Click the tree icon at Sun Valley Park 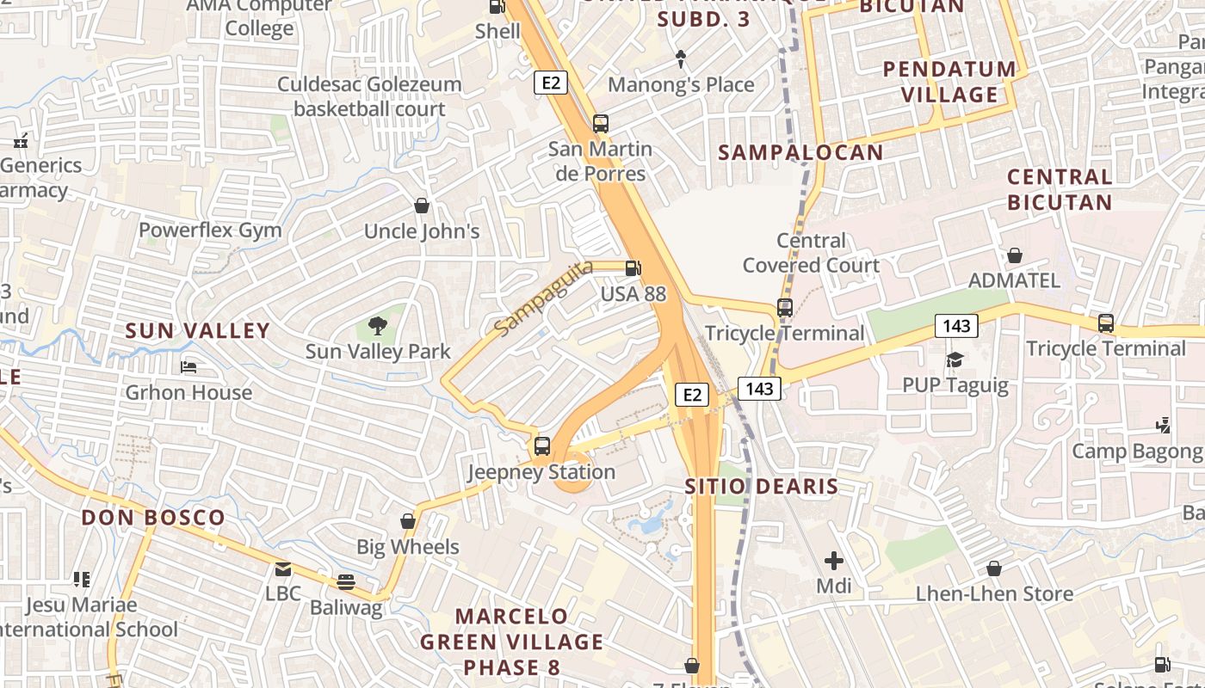tap(377, 326)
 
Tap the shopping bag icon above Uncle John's tap(422, 206)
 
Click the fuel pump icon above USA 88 tap(633, 268)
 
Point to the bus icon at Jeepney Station tap(541, 446)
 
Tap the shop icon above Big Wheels tap(408, 521)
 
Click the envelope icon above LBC tap(282, 568)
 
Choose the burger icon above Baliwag tap(346, 582)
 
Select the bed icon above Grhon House tap(189, 367)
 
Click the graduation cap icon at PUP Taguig tap(955, 359)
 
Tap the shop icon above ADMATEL tap(1015, 255)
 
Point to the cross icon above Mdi tap(833, 561)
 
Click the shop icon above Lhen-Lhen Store tap(994, 568)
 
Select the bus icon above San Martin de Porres tap(601, 124)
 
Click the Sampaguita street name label tap(544, 298)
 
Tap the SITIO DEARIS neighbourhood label tap(761, 487)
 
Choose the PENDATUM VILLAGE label tap(949, 82)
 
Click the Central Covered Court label tap(812, 253)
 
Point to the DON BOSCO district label tap(153, 518)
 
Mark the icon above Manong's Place tap(681, 59)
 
